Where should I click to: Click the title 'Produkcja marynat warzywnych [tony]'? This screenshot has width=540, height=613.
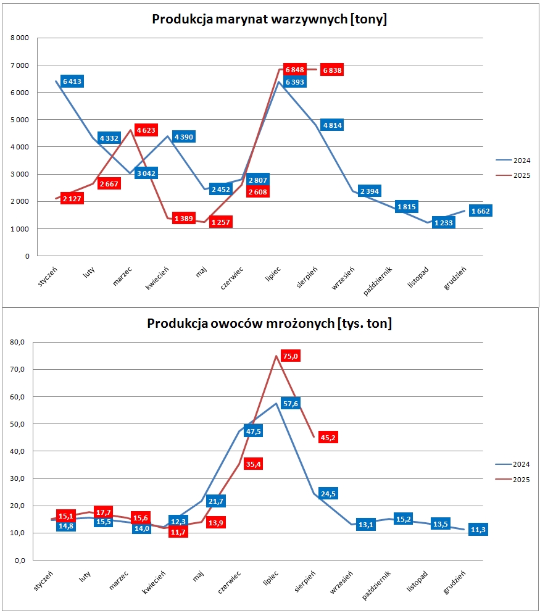270,19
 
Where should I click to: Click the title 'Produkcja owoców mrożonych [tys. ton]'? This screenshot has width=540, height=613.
270,323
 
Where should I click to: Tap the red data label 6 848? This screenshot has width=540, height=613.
295,69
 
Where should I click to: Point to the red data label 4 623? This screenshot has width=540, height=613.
146,131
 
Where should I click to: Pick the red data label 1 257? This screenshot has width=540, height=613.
220,222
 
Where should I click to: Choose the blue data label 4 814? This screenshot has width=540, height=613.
331,125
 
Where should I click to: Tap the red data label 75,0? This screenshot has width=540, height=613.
291,356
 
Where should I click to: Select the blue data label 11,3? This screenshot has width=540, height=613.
478,529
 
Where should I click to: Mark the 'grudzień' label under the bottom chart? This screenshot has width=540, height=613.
454,583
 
